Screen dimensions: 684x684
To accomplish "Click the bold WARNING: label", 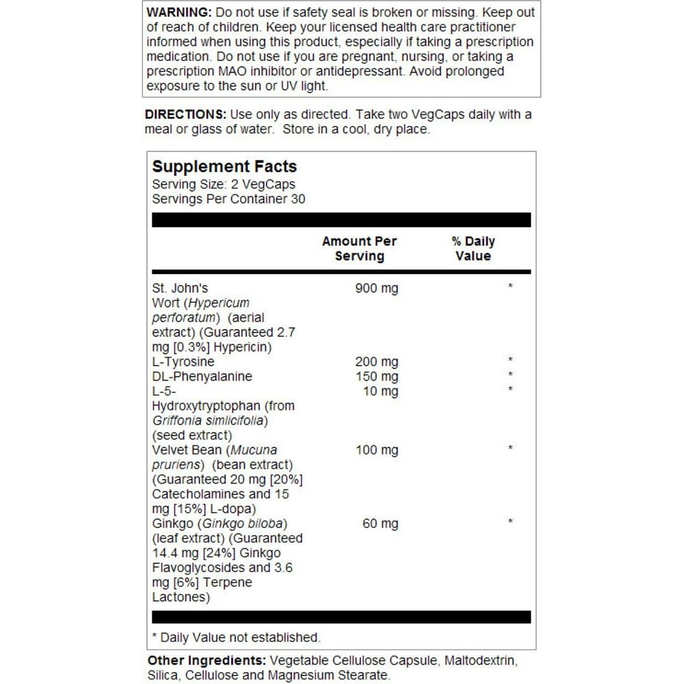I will coord(179,13).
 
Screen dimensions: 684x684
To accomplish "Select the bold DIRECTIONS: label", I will coord(185,115).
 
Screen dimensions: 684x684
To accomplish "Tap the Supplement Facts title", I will coord(224,166).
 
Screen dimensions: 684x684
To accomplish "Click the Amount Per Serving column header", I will coord(359,249).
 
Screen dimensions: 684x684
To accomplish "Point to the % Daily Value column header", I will coord(473,249).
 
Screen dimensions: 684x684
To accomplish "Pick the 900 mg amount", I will coord(376,289).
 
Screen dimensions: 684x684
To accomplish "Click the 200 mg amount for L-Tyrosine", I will coord(376,362).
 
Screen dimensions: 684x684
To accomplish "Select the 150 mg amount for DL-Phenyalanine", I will coord(376,377).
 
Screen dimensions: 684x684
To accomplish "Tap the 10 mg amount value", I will coord(380,392).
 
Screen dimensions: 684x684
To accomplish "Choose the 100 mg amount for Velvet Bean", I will coord(376,451).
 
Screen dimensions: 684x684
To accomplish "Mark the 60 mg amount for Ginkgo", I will coord(380,524).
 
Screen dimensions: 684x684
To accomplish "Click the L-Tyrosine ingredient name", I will coord(183,362).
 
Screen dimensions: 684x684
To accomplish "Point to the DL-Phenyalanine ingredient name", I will coord(202,377).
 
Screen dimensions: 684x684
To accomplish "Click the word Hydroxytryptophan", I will coord(206,406).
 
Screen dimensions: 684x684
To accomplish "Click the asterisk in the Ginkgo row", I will coord(510,522).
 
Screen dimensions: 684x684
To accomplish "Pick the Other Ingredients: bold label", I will coord(207,661).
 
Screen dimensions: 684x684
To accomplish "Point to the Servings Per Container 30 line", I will coord(229,200).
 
